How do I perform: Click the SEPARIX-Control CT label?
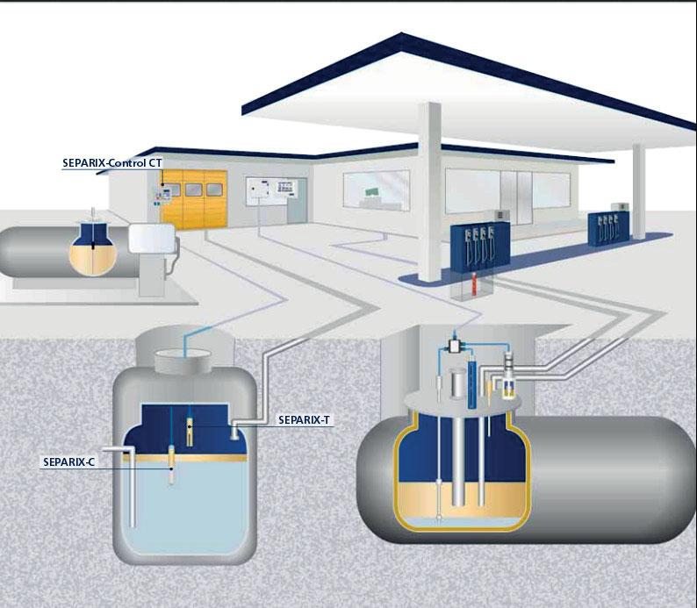pos(112,162)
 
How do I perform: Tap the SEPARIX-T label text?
pos(303,418)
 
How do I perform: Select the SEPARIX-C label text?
pos(68,460)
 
